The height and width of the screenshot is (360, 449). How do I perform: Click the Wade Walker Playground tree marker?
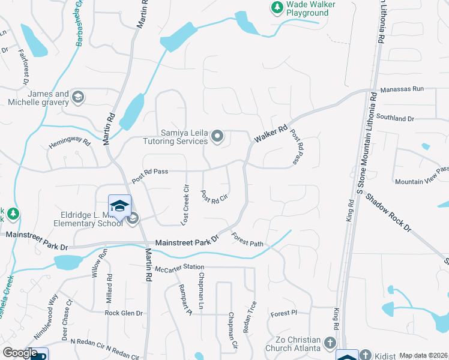click(x=277, y=7)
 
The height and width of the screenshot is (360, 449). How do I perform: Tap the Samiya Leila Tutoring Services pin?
click(x=217, y=137)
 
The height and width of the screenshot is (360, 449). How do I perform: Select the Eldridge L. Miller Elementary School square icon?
click(x=119, y=205)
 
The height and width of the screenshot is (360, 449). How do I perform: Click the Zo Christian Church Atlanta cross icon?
click(x=330, y=343)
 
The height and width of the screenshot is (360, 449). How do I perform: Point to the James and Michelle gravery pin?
click(x=77, y=97)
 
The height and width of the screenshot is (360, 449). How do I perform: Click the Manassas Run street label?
click(x=402, y=88)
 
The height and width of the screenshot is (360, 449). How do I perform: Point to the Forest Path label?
click(x=247, y=239)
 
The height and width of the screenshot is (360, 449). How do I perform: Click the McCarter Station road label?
click(x=179, y=267)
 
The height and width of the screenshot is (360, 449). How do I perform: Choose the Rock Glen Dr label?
click(x=124, y=313)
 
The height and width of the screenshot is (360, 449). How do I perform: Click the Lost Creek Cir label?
click(x=185, y=205)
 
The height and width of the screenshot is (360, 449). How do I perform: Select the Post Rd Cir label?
click(x=214, y=196)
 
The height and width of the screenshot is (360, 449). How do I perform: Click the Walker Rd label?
click(x=271, y=134)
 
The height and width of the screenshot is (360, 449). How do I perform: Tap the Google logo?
click(x=20, y=353)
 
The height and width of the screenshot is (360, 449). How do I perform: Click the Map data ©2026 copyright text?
click(x=423, y=356)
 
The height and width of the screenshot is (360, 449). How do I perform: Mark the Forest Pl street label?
click(x=283, y=313)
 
